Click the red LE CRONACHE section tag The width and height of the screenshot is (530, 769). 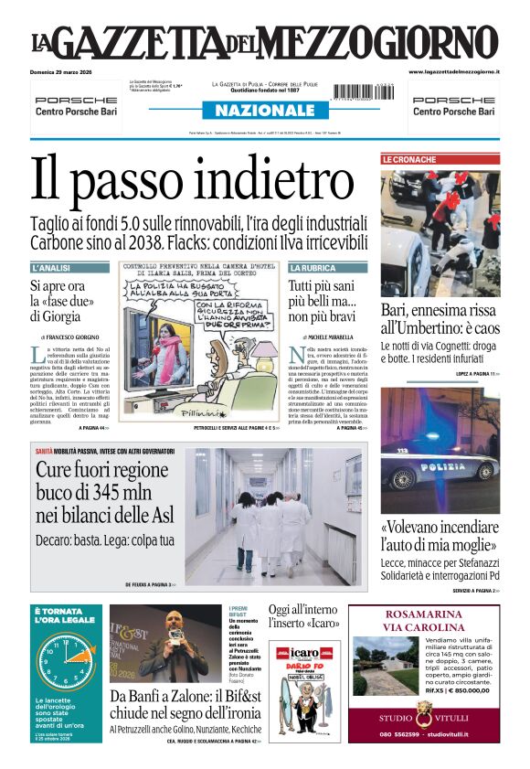(409, 159)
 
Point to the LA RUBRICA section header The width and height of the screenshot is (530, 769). (313, 268)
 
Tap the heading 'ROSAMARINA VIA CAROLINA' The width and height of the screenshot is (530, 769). (423, 621)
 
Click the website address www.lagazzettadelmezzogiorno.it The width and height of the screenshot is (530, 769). (453, 71)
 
